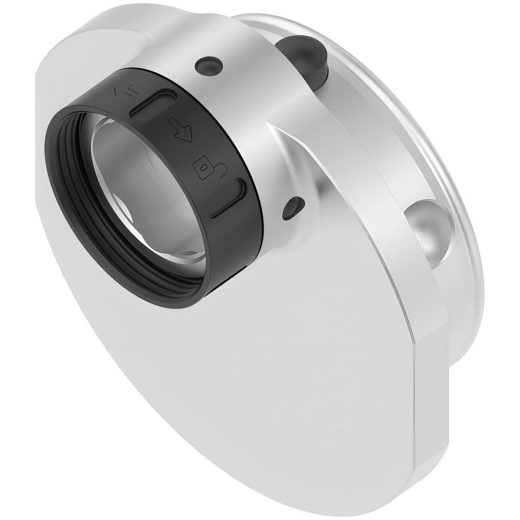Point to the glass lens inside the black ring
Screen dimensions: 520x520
pos(151,198)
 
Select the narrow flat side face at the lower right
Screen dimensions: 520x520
pos(432,406)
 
